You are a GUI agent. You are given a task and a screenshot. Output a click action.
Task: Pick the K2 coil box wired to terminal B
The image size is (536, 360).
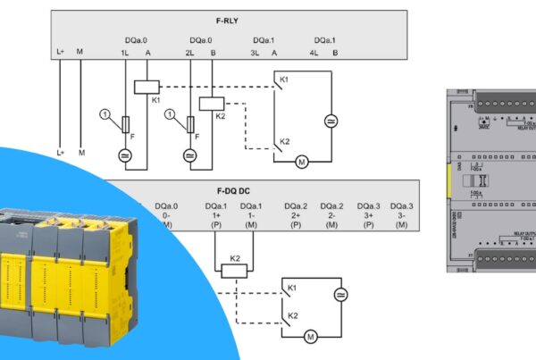(x=211, y=103)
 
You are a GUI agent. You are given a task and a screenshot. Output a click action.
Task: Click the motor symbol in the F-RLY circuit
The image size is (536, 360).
(x=302, y=162)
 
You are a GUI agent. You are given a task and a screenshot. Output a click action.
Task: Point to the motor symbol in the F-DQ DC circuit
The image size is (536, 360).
(x=311, y=336)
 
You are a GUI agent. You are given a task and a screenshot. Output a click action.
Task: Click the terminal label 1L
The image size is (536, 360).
(x=125, y=53)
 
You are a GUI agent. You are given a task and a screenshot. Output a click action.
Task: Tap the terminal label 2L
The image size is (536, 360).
(x=190, y=53)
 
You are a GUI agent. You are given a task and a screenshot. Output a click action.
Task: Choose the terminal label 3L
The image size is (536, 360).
(x=254, y=53)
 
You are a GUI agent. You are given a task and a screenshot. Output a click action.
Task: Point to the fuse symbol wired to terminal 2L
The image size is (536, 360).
(x=189, y=125)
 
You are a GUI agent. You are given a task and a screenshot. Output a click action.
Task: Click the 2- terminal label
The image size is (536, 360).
(x=332, y=215)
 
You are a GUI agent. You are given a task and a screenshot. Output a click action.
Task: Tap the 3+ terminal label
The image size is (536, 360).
(x=369, y=215)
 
